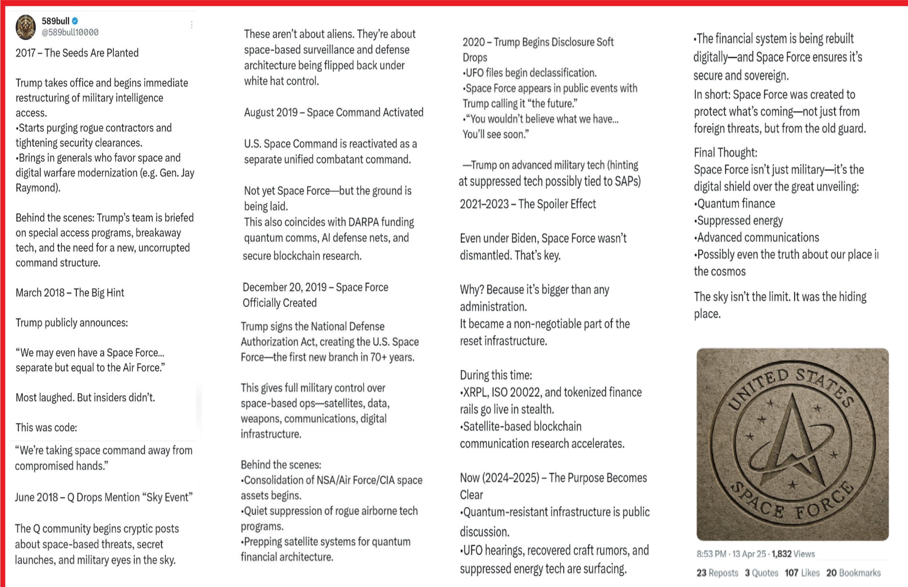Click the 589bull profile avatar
point(26,27)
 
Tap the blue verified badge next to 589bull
point(75,21)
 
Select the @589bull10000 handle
point(70,33)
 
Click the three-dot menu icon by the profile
point(192,25)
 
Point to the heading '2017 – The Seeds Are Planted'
point(77,53)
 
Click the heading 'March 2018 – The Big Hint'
point(70,293)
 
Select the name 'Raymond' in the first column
point(37,188)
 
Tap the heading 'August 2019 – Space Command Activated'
point(334,112)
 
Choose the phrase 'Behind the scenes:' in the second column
point(281,464)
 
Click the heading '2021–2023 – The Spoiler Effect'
point(527,204)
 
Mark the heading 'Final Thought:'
point(725,153)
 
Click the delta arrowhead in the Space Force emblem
point(793,438)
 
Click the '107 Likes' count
point(802,573)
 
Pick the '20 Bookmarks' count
point(853,573)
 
